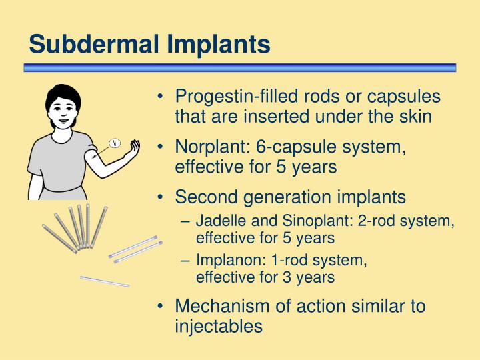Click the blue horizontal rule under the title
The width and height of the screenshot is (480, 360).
pos(240,67)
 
